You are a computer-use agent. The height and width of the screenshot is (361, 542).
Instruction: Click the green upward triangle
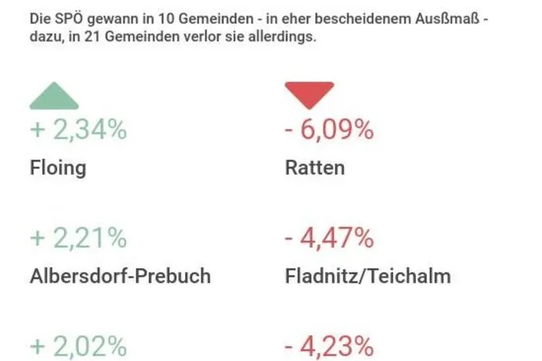click(54, 97)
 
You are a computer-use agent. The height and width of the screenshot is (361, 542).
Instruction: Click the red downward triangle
click(310, 95)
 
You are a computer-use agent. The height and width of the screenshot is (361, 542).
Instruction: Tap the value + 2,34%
click(78, 129)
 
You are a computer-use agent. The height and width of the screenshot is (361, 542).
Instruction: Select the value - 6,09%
click(329, 129)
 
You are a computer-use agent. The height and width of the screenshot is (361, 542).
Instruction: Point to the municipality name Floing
click(58, 168)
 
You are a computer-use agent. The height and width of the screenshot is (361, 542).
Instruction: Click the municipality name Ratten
click(314, 167)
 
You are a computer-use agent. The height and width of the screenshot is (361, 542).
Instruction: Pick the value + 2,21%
click(78, 239)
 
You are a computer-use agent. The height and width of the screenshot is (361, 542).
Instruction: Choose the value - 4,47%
click(329, 239)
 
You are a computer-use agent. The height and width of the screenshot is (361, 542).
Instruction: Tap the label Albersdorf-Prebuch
click(120, 276)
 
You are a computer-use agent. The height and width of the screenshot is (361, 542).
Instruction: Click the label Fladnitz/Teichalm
click(368, 276)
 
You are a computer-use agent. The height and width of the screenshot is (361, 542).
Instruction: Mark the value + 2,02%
click(78, 346)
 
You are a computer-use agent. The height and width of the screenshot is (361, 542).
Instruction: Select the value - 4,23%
click(329, 346)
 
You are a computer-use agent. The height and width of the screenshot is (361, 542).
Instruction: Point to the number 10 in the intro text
click(166, 19)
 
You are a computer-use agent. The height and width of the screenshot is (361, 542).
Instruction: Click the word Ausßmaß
click(448, 19)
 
